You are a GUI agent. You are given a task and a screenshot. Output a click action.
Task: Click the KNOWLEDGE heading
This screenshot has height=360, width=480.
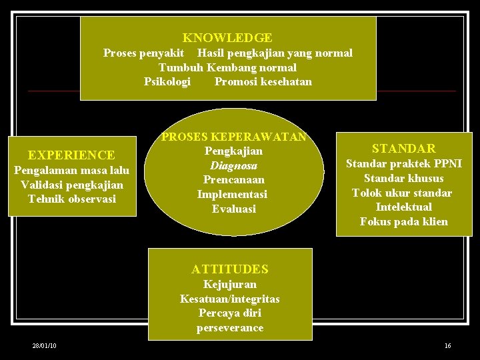coord(227,38)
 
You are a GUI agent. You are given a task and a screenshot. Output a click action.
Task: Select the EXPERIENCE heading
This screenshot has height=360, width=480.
coord(71,155)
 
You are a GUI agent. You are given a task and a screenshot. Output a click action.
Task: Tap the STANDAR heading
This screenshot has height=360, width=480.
coord(403,148)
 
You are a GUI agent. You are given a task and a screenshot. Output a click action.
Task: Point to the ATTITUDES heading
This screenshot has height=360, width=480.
coord(229,269)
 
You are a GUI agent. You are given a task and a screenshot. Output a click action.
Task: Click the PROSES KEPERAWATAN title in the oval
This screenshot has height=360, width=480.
coord(234,137)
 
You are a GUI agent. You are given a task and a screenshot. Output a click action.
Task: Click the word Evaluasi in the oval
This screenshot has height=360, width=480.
coord(233,209)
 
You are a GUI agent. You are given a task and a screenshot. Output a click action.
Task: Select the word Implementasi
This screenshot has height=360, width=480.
coord(232,194)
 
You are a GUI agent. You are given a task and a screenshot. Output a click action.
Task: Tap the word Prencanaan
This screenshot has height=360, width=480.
coord(233,179)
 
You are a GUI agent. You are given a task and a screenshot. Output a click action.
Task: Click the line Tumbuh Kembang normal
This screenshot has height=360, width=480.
coord(227,67)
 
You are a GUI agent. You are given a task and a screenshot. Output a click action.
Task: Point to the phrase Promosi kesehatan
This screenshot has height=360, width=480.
coord(263,82)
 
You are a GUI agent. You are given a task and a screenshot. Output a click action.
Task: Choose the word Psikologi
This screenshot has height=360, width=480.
coord(167,82)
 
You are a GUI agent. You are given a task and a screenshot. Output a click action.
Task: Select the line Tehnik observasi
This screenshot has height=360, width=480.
coord(71,199)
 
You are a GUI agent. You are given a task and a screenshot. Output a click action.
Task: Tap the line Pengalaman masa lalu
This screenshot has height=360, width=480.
coord(71,170)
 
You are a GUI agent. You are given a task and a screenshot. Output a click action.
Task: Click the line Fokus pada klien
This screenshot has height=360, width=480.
coord(403,221)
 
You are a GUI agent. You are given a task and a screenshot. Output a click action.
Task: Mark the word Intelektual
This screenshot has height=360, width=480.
coord(403,207)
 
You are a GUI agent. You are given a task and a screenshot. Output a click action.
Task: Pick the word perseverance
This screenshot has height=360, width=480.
coord(229,327)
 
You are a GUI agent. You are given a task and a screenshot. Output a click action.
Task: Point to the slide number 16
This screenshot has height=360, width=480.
coord(447,345)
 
